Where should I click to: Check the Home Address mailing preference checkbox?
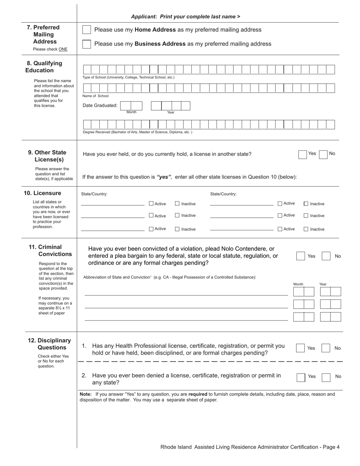[87, 30]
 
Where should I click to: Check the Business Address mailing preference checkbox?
[87, 44]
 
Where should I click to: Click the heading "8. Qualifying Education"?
[44, 67]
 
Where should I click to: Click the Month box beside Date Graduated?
[131, 106]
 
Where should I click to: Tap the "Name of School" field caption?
[95, 96]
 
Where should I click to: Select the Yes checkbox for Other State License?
[302, 154]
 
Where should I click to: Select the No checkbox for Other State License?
[323, 154]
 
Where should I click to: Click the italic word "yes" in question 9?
[164, 177]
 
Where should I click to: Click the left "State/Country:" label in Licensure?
[94, 194]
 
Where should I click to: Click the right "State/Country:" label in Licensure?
[223, 194]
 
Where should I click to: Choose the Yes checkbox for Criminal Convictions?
[301, 256]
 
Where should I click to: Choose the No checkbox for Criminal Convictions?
[326, 256]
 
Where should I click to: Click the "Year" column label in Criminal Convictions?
[322, 284]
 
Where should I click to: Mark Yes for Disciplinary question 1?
[300, 348]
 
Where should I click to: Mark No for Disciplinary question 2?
[326, 377]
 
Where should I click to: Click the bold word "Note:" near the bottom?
[86, 394]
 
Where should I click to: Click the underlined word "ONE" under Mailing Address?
[63, 49]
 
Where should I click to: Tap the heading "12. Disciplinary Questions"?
[49, 344]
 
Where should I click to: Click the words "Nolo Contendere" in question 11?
[247, 249]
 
